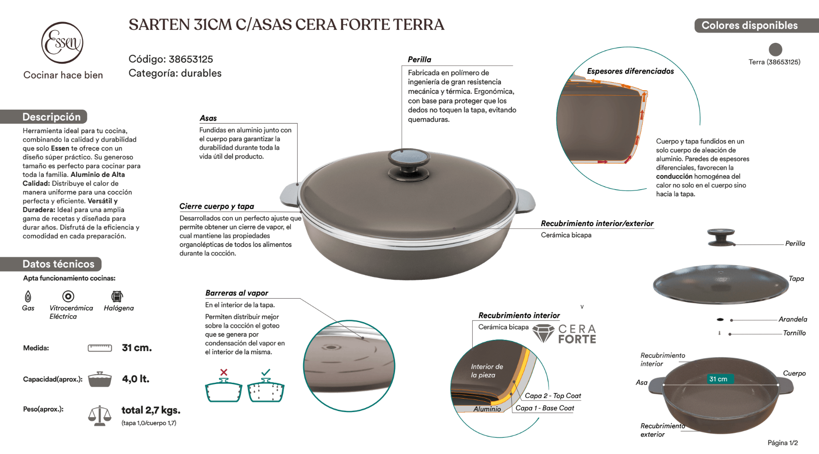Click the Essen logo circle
pyautogui.click(x=62, y=43)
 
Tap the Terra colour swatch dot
pyautogui.click(x=775, y=49)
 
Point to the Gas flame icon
pyautogui.click(x=28, y=296)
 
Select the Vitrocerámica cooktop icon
pyautogui.click(x=68, y=296)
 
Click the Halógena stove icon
pyautogui.click(x=117, y=296)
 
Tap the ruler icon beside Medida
pyautogui.click(x=100, y=348)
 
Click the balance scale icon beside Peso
pyautogui.click(x=100, y=415)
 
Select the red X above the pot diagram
pyautogui.click(x=224, y=372)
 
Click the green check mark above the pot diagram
pyautogui.click(x=266, y=372)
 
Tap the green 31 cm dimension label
pyautogui.click(x=718, y=379)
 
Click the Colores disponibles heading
pyautogui.click(x=750, y=26)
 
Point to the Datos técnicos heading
pyautogui.click(x=58, y=264)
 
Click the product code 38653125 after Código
pyautogui.click(x=191, y=59)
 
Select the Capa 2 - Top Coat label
pyautogui.click(x=553, y=396)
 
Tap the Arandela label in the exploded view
pyautogui.click(x=792, y=320)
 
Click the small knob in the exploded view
pyautogui.click(x=721, y=237)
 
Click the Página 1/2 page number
pyautogui.click(x=782, y=443)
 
